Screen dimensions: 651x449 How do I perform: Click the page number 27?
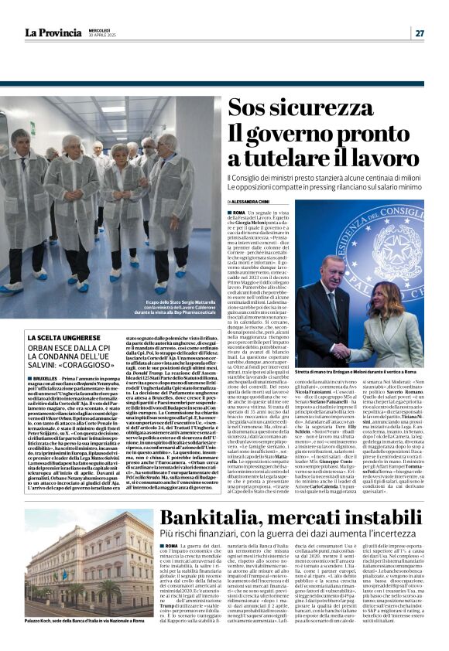[x=419, y=32]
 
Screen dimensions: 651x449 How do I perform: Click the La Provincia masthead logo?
[x=52, y=32]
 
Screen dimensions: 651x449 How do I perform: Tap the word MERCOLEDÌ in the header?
[x=100, y=29]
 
